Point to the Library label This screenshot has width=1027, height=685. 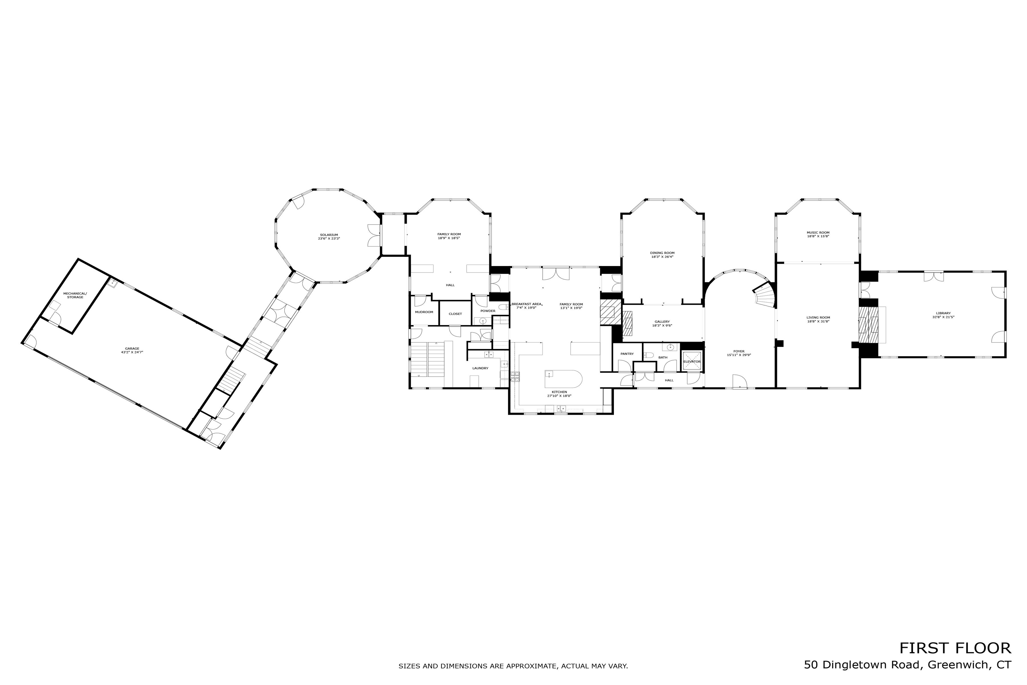tap(943, 313)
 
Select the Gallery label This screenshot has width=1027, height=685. tap(662, 322)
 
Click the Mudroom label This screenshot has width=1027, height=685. tap(424, 312)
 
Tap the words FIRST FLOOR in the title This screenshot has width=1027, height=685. tap(955, 648)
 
